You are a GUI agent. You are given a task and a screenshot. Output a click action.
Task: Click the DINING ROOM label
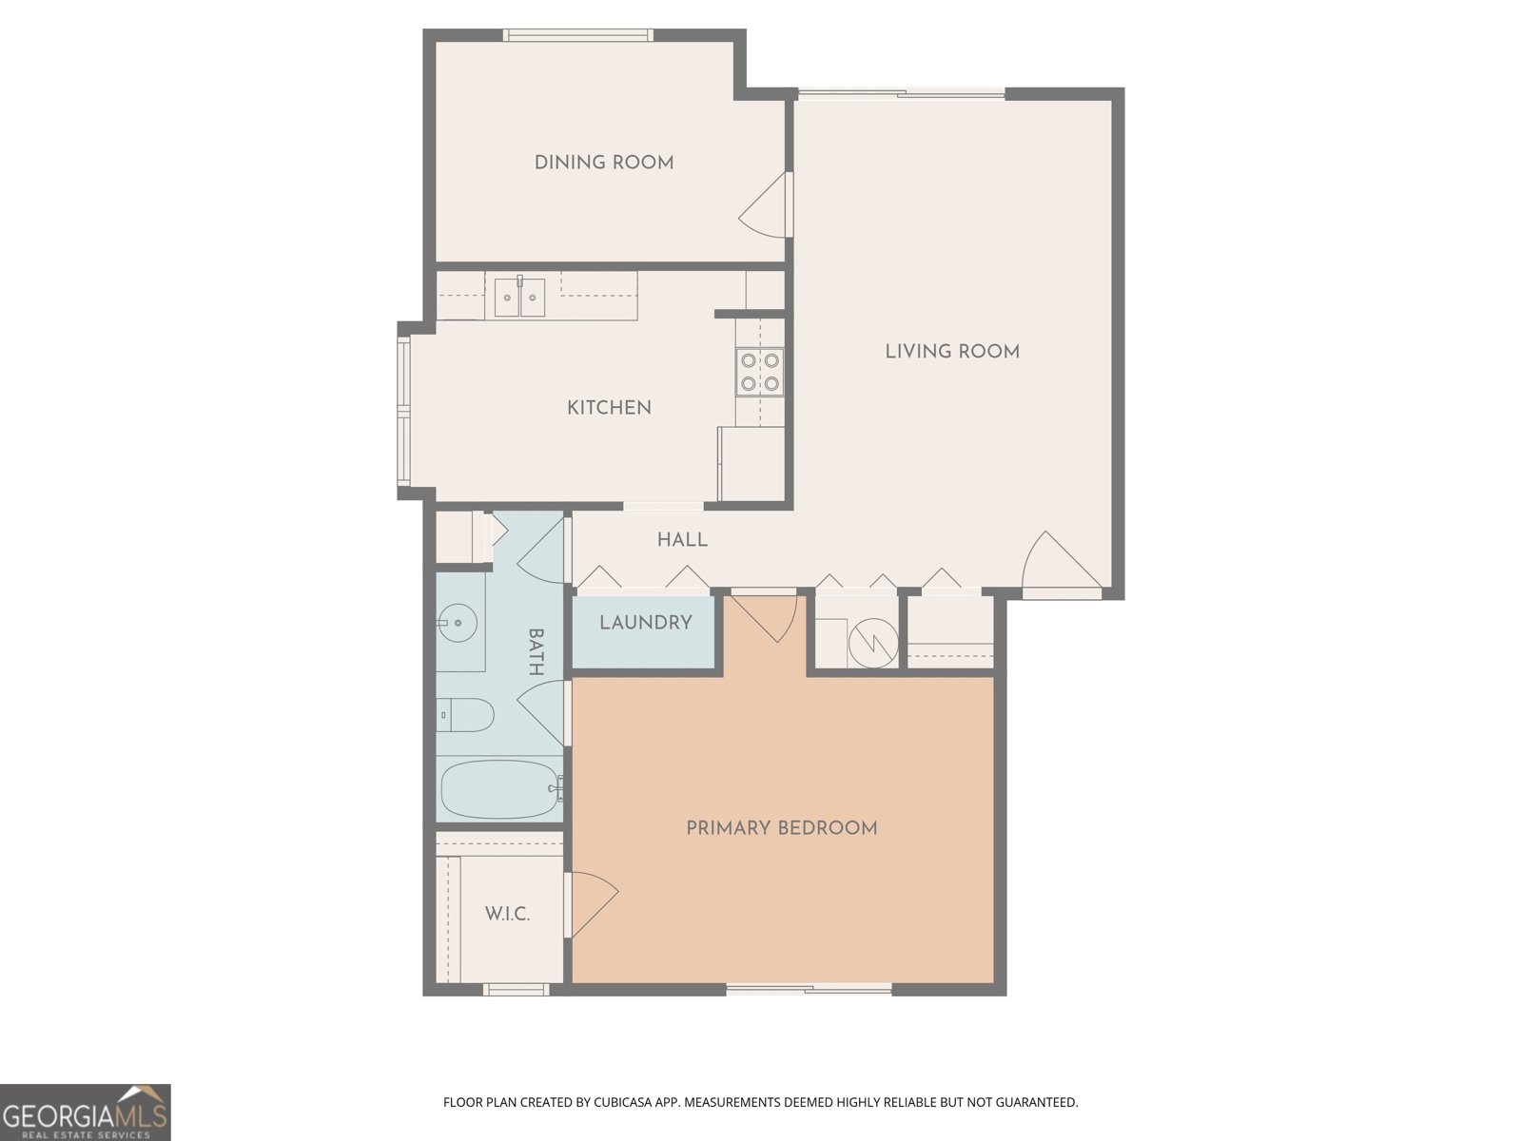[x=604, y=163]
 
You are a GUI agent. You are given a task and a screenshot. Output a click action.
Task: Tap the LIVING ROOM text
[x=952, y=352]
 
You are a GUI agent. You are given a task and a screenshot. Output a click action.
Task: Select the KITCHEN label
[x=609, y=408]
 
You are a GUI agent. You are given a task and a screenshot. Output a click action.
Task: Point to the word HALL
[x=682, y=540]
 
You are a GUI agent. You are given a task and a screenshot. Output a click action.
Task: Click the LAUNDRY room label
[x=645, y=623]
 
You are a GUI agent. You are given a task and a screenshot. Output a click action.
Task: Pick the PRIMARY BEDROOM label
[x=781, y=828]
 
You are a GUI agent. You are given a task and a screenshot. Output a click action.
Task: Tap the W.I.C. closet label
[x=507, y=915]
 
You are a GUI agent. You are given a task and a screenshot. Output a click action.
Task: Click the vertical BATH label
[x=536, y=651]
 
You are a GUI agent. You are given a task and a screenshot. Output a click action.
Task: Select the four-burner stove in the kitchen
[x=760, y=372]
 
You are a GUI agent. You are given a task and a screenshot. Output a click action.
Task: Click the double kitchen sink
[x=519, y=299]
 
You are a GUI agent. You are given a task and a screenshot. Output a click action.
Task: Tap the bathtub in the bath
[x=499, y=789]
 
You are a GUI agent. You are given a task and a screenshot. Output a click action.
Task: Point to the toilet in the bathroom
[x=467, y=715]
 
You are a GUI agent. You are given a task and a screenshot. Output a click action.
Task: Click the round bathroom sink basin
[x=459, y=624]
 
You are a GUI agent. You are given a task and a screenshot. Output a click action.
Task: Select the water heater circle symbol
[x=872, y=643]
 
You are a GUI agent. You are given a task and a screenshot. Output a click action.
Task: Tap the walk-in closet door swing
[x=592, y=903]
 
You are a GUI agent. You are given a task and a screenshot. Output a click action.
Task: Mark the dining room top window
[x=578, y=35]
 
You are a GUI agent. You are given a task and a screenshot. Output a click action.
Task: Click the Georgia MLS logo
[x=86, y=1112]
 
